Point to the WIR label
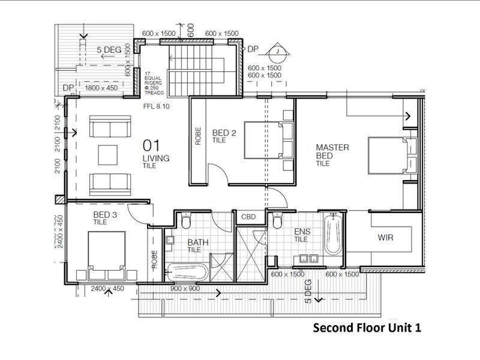tap(386, 238)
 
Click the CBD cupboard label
tap(248, 217)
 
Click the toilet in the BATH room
tap(185, 221)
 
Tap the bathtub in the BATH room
tap(186, 272)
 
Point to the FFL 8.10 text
tap(157, 109)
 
